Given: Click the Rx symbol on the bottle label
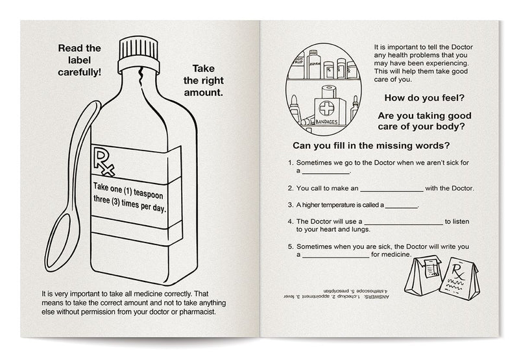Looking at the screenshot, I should [104, 162].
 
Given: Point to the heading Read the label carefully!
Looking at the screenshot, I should [80, 60].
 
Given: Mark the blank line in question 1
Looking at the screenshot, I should [326, 173].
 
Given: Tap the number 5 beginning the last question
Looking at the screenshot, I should [289, 247].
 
